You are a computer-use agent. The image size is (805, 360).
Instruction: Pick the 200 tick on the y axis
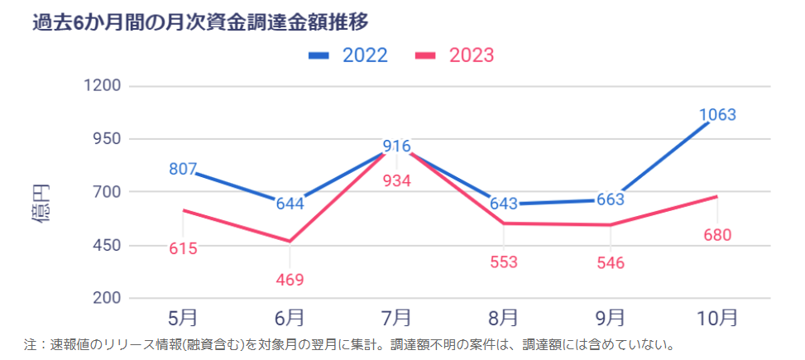coord(105,299)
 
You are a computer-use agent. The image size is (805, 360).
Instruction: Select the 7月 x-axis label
coord(397,318)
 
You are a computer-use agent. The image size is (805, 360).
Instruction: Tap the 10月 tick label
coord(716,318)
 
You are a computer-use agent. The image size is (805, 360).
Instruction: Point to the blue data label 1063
coord(717,115)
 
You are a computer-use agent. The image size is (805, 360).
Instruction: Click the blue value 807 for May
coord(183,169)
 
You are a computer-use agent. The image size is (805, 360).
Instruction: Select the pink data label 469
coord(290,280)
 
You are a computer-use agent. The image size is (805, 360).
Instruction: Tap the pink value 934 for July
coord(397,181)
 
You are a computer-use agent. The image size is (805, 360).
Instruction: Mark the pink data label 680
coord(717,235)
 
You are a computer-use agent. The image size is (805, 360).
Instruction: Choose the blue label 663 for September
coord(610,199)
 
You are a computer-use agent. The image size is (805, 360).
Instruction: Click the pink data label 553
coord(503,262)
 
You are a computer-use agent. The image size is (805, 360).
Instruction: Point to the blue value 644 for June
coord(290,203)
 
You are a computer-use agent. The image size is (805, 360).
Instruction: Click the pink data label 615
coord(183,248)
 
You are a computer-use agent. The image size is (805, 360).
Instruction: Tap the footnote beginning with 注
coord(350,343)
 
